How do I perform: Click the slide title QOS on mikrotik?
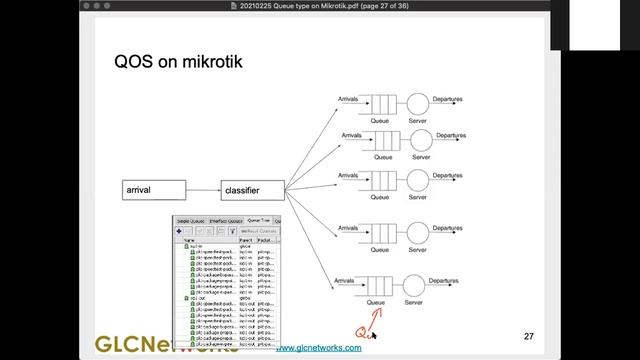coord(178,63)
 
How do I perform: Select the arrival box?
coord(154,189)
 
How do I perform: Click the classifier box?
coord(253,189)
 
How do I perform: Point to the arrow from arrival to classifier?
coord(204,189)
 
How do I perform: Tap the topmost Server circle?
coord(417,103)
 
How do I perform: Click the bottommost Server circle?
coord(418,286)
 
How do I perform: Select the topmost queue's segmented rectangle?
coord(379,103)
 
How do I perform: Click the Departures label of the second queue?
coord(450,134)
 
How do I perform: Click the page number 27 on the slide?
coord(529,336)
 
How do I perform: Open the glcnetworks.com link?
coord(318,347)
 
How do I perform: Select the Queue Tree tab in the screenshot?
coord(258,220)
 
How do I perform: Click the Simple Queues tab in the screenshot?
coord(191,220)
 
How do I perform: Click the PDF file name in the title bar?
coord(320,7)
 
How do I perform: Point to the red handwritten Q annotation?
coord(363,331)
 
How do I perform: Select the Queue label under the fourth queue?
coord(379,243)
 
